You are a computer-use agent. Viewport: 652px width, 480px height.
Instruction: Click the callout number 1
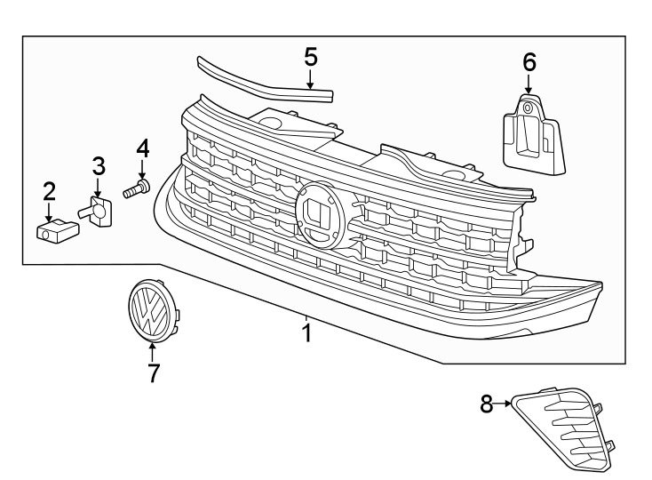tap(306, 334)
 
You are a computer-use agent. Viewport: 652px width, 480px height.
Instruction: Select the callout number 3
tap(99, 165)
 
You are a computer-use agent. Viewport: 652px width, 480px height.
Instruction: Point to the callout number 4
tap(142, 147)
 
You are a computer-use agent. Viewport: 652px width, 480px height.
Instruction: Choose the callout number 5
tap(310, 57)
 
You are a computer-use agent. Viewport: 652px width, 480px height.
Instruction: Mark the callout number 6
tap(529, 61)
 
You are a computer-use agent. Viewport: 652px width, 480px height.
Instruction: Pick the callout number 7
tap(153, 373)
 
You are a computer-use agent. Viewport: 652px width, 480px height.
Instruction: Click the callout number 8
tap(487, 404)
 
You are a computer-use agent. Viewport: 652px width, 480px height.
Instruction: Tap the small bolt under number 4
tap(137, 188)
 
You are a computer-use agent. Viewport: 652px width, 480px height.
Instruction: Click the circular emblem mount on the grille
tap(320, 214)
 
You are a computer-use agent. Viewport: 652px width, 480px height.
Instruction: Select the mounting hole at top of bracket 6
tap(527, 108)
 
